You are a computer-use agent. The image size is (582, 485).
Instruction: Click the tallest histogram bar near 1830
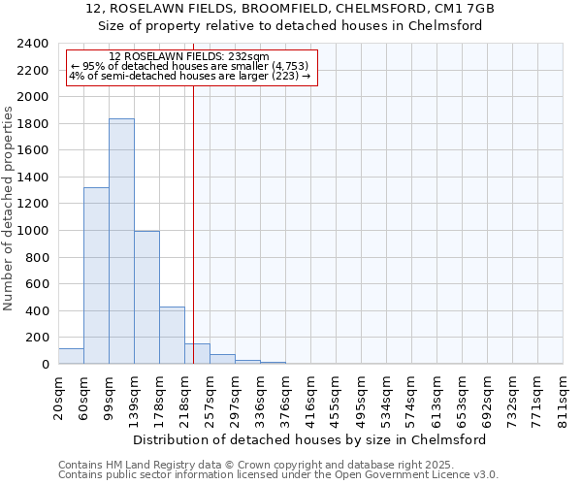click(x=121, y=242)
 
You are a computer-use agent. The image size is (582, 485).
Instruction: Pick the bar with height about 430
click(x=172, y=336)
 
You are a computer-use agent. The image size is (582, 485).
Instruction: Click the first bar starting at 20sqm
click(x=71, y=356)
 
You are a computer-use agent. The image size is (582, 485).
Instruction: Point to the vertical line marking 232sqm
click(x=193, y=223)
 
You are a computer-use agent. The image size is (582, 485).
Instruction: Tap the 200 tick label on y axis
click(x=37, y=338)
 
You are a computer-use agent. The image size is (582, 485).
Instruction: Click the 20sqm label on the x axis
click(x=59, y=397)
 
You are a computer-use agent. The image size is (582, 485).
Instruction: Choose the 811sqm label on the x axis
click(x=564, y=399)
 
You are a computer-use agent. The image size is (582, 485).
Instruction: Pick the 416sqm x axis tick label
click(x=311, y=399)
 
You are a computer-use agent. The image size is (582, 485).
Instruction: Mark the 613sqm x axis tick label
click(x=437, y=399)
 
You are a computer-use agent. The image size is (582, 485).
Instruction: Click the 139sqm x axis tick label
click(x=135, y=399)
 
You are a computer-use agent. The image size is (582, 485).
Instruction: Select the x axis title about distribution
click(x=308, y=439)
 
